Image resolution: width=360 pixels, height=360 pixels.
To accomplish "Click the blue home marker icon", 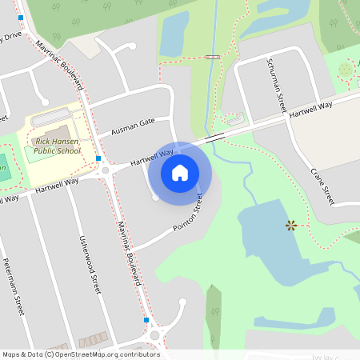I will click(180, 172).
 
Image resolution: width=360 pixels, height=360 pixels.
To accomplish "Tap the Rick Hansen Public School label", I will click(58, 146).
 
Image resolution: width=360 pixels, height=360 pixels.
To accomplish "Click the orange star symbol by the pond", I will click(291, 226).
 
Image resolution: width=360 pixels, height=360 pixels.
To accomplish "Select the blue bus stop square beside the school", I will click(98, 158).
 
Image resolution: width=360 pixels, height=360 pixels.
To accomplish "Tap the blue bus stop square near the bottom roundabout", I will click(146, 320).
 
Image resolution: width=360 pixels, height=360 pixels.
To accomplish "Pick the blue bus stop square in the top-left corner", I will click(21, 18).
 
